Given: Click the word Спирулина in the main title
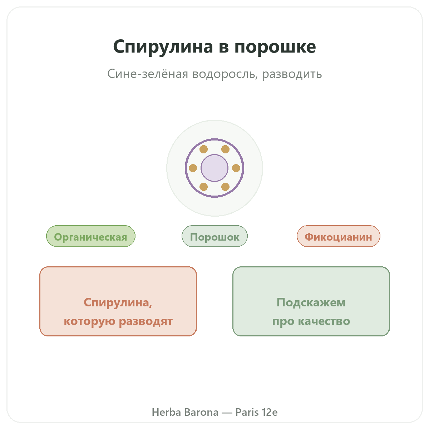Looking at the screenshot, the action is click(163, 47).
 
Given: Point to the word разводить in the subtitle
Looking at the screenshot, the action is click(292, 74).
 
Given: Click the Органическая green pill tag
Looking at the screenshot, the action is click(90, 236).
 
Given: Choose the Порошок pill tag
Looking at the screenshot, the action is click(214, 236).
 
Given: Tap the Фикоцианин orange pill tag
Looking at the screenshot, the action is click(339, 236).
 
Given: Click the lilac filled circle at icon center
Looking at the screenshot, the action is click(214, 168).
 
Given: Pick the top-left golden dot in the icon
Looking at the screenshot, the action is click(203, 149).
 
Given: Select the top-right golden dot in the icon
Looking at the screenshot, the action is click(225, 149).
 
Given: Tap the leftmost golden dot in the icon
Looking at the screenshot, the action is click(193, 168).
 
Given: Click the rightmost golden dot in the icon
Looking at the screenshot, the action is click(236, 168).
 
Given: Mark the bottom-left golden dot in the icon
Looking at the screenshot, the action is click(203, 187).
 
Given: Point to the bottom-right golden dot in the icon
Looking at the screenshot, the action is click(225, 187).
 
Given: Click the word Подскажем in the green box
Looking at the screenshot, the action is click(311, 302).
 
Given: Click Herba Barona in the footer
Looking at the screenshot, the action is click(185, 412).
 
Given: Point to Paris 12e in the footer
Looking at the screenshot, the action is click(256, 412).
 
